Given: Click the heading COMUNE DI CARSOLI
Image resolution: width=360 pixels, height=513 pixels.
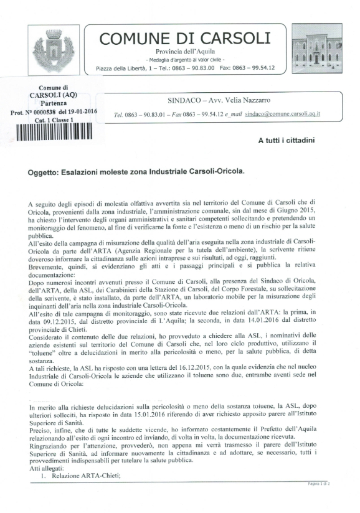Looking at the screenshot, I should click(x=185, y=38).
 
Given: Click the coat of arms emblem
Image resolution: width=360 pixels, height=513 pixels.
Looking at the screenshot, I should click(x=52, y=48).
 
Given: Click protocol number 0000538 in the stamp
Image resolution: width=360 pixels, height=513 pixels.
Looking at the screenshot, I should click(x=48, y=111).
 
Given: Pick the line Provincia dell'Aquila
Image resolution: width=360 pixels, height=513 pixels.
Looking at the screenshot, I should click(x=185, y=49).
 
